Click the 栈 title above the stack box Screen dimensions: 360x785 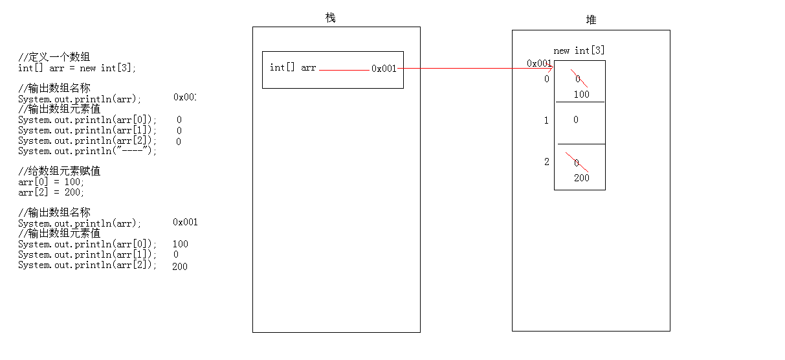[331, 17]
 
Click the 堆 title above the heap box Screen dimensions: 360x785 [591, 20]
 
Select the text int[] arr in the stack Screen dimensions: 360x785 [293, 67]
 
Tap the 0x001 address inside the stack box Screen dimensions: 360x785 [384, 69]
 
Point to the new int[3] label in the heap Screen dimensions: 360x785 [579, 51]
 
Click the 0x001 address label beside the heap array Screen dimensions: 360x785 [539, 63]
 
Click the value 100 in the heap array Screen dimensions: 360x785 [581, 95]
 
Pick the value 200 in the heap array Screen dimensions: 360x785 [581, 178]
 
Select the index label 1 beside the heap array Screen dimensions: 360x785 [546, 120]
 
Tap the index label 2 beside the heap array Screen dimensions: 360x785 [546, 162]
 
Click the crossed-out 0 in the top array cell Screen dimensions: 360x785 [577, 78]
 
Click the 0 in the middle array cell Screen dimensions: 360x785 [575, 120]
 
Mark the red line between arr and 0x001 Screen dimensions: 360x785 [344, 69]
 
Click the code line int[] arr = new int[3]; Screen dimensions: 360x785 [78, 68]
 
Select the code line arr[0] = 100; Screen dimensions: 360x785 [51, 182]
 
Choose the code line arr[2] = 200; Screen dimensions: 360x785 [51, 192]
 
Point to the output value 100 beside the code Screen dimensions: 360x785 [181, 244]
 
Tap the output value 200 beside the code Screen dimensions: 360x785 [180, 266]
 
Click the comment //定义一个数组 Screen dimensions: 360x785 [59, 58]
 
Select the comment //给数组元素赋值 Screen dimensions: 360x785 [59, 172]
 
